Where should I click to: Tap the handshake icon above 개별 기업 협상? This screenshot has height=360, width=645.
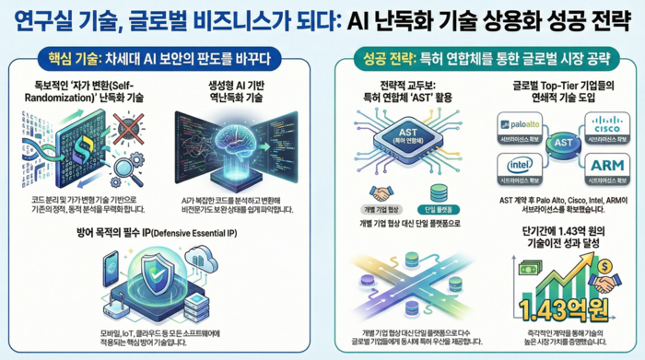(381, 194)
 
